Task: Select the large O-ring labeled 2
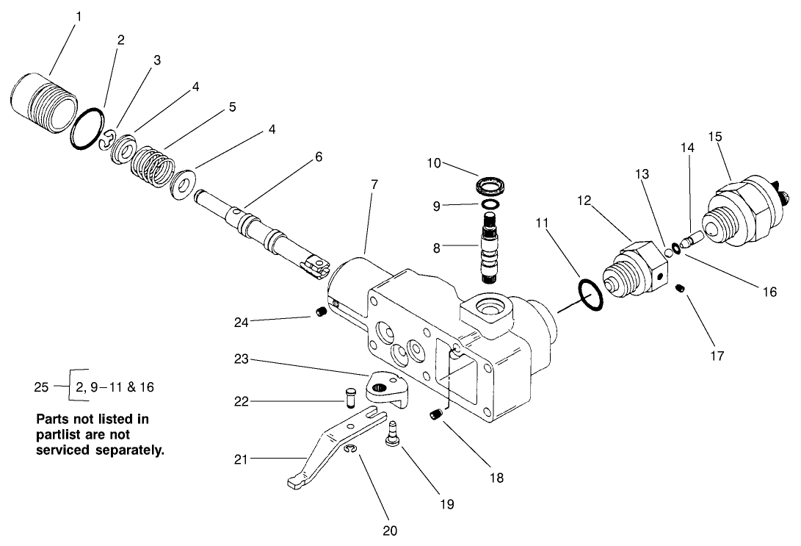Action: pyautogui.click(x=87, y=130)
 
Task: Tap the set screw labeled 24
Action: pyautogui.click(x=320, y=314)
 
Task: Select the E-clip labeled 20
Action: pyautogui.click(x=348, y=450)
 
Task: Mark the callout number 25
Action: pyautogui.click(x=42, y=386)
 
